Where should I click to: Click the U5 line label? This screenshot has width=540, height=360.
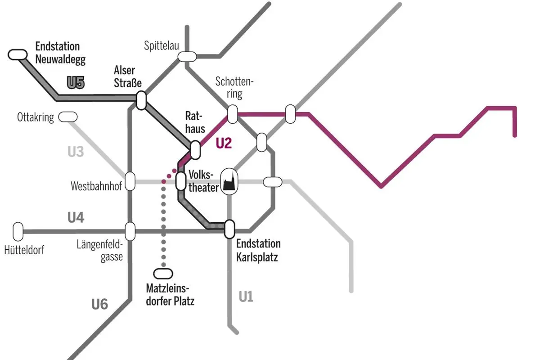(x=76, y=83)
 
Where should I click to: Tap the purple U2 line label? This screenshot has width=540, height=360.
(x=224, y=144)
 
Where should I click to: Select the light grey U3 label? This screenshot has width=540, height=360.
(x=76, y=152)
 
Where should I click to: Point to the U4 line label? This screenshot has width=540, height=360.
(x=76, y=218)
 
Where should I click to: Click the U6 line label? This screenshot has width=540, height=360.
(x=99, y=304)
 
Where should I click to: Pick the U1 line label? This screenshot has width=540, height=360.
(x=246, y=297)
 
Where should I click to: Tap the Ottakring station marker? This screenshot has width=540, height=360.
(x=68, y=117)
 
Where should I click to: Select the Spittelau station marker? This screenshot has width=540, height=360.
(x=187, y=57)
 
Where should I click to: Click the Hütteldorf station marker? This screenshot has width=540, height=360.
(x=18, y=231)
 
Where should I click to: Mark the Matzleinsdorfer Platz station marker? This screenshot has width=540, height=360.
(x=163, y=274)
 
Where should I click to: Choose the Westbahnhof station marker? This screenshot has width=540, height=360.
(x=130, y=181)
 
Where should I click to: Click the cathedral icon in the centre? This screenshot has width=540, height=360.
(x=229, y=182)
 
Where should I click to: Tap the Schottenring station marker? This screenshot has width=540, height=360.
(x=232, y=114)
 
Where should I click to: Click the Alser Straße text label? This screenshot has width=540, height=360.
(x=128, y=77)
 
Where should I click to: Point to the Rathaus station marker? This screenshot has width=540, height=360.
(x=195, y=149)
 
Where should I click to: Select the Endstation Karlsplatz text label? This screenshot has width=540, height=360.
(x=258, y=251)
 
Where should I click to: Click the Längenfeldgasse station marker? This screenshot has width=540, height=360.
(x=130, y=231)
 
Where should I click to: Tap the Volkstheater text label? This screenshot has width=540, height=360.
(x=202, y=181)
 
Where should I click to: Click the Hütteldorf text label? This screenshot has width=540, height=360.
(x=24, y=250)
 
